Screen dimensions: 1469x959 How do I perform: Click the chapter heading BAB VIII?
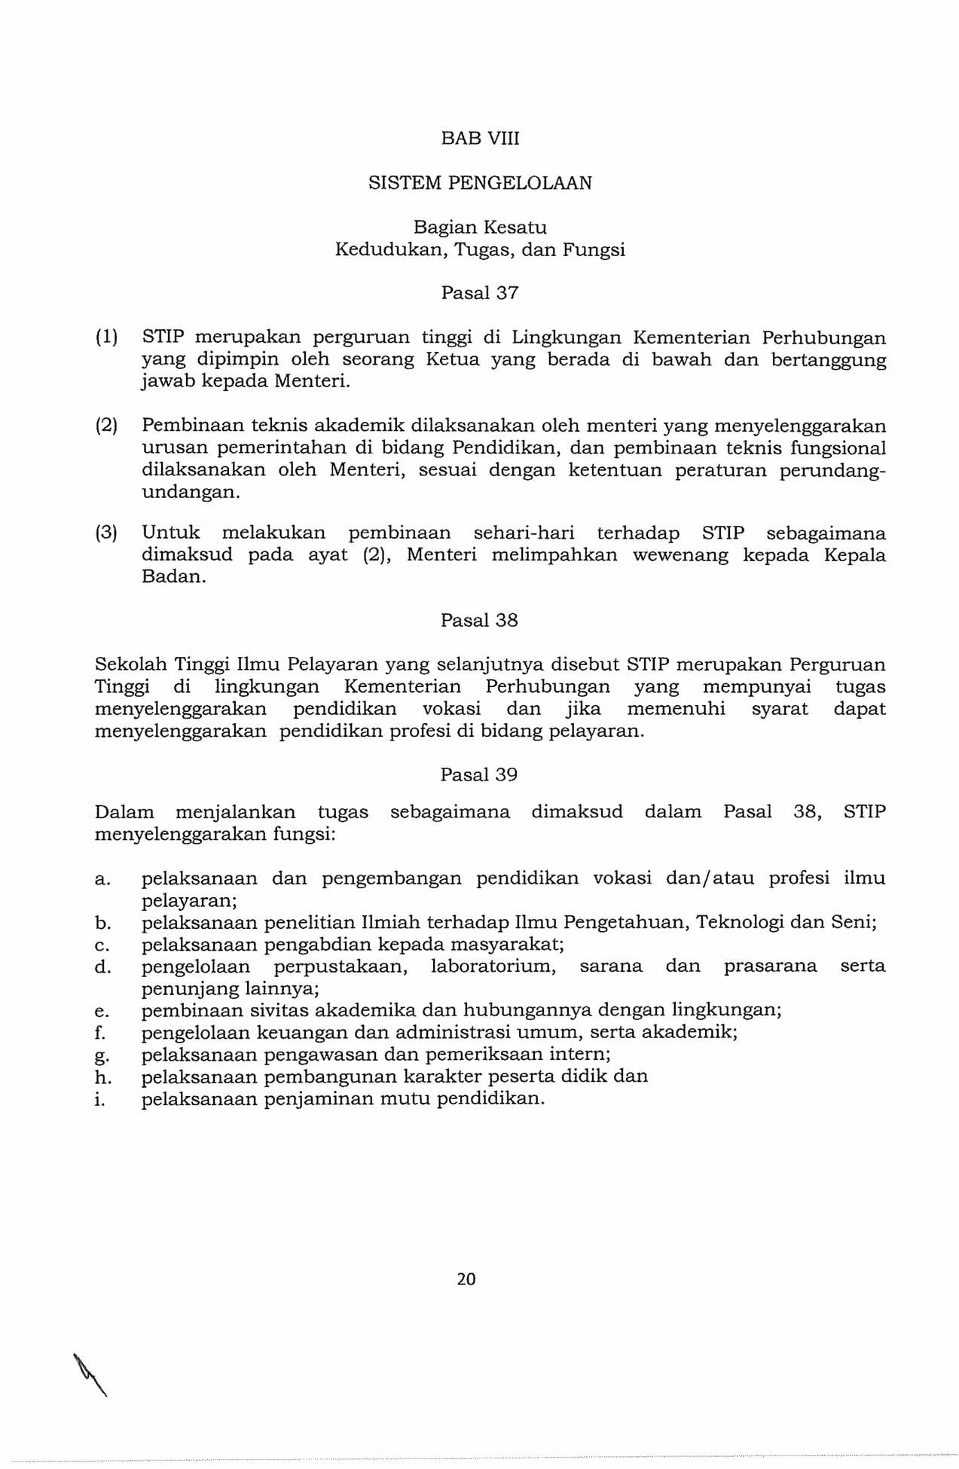coord(480,139)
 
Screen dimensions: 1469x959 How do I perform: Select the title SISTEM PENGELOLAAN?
coord(480,183)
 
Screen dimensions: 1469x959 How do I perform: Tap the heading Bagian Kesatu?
coord(480,228)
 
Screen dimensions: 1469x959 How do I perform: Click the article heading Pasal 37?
coord(480,293)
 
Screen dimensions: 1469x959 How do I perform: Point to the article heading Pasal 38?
coord(479,621)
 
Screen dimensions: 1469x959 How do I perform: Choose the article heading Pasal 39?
coord(479,775)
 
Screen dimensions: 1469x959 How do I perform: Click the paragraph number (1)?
coord(106,337)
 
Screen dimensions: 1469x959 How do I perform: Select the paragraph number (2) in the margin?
coord(106,426)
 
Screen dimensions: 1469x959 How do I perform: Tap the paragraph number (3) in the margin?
coord(106,533)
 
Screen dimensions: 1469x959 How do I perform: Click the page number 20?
coord(466,1279)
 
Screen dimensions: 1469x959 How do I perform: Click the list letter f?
coord(101,1033)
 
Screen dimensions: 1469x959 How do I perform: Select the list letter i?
coord(99,1099)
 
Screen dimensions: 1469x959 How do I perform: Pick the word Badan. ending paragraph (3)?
coord(174,578)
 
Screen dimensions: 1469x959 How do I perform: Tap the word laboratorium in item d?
coord(493,967)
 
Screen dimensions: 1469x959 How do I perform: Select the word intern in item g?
coord(580,1055)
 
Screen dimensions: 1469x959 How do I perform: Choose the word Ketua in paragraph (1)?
coord(453,360)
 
